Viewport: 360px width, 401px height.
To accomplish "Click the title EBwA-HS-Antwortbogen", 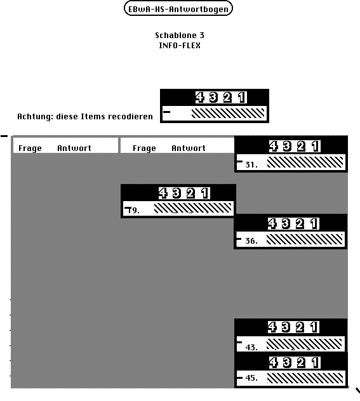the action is [178, 10].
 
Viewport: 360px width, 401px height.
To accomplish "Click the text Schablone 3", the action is [180, 36].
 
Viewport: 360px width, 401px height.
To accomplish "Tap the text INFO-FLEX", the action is [180, 46].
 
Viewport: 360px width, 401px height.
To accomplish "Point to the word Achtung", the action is [34, 117].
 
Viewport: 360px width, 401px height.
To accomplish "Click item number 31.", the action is [251, 165].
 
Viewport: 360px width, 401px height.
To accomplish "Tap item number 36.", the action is [251, 241].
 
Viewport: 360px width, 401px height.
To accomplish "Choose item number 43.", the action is [251, 347].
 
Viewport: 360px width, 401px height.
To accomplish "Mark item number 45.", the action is [251, 378].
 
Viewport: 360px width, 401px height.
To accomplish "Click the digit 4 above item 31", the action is [274, 147].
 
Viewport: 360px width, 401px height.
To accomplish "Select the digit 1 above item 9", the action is [204, 193].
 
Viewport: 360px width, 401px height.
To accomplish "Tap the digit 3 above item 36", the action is [286, 224].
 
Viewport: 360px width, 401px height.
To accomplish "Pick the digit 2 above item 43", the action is [300, 327].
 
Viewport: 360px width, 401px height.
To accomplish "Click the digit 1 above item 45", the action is [315, 363].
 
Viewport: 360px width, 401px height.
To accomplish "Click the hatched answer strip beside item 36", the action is [305, 240].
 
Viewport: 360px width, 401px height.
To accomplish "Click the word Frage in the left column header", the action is [30, 148].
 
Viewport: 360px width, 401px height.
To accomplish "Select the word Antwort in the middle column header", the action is [189, 148].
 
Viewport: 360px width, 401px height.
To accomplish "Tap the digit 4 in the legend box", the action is [200, 98].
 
